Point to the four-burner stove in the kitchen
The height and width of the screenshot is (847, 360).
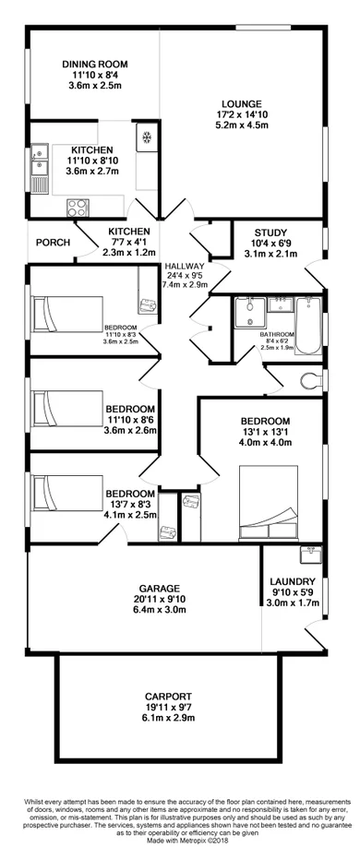pos(73,210)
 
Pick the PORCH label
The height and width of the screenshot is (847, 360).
pos(52,243)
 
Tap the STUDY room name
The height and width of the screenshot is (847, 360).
pos(270,233)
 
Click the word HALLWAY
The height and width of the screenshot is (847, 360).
pos(184,265)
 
